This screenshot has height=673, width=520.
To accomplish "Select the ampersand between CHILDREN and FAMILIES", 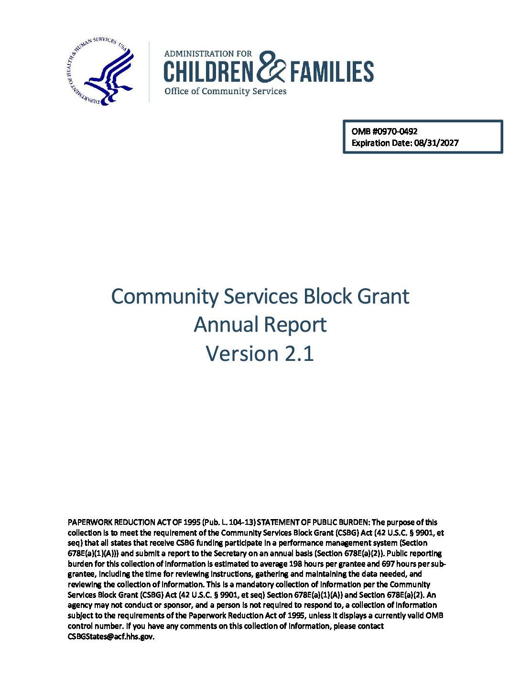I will pos(271,68).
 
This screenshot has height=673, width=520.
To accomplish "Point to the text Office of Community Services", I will pos(225,91).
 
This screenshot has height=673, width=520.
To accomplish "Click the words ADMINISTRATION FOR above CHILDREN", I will pos(208,54).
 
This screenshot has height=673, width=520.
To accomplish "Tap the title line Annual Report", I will pos(260,325).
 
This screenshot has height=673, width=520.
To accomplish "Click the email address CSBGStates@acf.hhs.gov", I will pos(111,637).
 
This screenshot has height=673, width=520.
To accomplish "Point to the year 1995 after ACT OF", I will pos(191,522).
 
